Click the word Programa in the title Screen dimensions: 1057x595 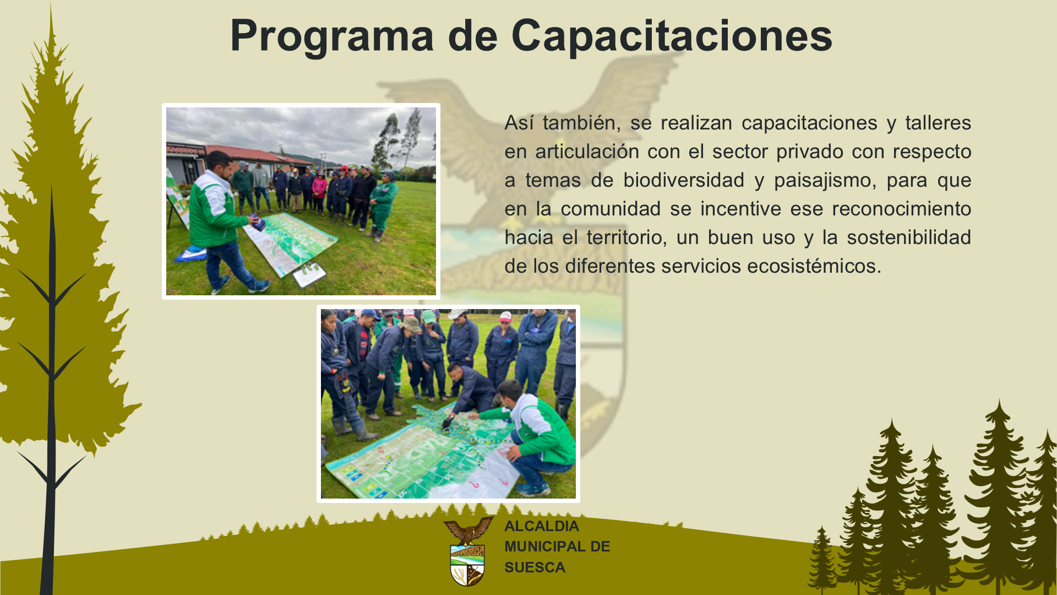coord(332,36)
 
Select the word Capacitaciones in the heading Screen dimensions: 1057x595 coord(672,36)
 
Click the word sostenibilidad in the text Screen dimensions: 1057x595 coord(909,237)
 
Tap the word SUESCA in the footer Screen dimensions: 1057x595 coord(535,567)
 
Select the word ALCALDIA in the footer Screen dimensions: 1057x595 coord(542,526)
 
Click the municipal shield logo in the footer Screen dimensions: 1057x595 coord(468,551)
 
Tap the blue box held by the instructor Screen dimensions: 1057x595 coord(258,222)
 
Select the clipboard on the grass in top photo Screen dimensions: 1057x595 coord(309,274)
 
